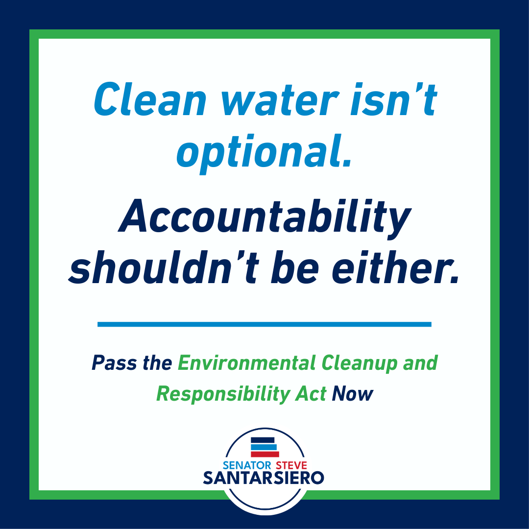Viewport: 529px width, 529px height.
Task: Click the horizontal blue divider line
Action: pos(264,324)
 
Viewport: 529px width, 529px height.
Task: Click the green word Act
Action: pos(311,393)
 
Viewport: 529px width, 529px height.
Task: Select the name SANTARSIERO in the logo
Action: pos(264,478)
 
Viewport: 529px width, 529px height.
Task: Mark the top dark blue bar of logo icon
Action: pos(262,440)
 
